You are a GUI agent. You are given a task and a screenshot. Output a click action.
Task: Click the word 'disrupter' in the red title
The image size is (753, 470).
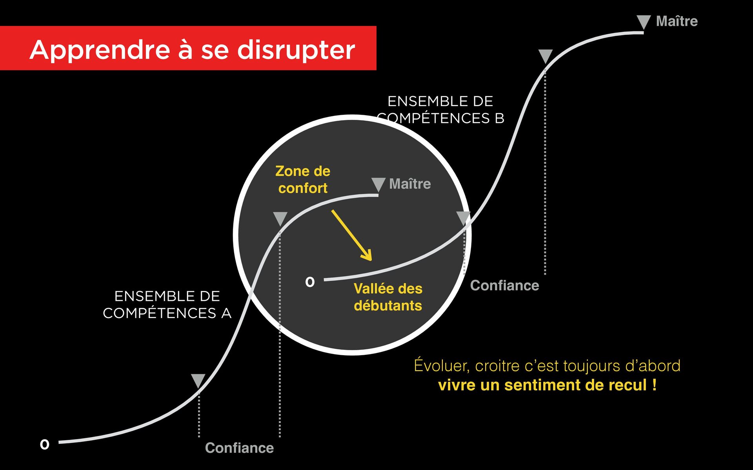(x=296, y=50)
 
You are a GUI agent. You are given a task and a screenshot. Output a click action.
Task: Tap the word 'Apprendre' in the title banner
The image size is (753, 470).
(x=100, y=50)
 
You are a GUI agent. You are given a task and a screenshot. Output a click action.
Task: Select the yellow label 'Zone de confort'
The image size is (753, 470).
(x=303, y=179)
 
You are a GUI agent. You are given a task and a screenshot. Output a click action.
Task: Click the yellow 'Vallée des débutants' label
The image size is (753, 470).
(x=388, y=297)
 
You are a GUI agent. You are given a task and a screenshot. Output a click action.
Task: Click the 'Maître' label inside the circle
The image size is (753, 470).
(x=410, y=184)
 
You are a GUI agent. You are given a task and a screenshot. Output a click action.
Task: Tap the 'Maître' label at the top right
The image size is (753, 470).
(x=677, y=21)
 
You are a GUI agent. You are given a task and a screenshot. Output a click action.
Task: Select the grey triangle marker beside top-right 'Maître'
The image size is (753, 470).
(x=644, y=22)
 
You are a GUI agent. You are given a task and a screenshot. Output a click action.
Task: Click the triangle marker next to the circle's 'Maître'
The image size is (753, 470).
(x=378, y=184)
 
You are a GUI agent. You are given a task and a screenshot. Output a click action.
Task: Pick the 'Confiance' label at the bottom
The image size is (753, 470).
(x=239, y=448)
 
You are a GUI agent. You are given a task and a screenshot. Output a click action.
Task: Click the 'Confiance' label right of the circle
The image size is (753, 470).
(x=504, y=286)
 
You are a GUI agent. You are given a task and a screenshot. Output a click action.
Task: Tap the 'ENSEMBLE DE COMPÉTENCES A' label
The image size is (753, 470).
(x=167, y=305)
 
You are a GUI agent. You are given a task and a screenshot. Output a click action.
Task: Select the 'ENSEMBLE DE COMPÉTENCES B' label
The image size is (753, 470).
(x=440, y=110)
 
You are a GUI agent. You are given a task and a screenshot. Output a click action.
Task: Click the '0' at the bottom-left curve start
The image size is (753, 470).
(x=45, y=445)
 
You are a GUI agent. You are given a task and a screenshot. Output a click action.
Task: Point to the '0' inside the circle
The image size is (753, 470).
(x=310, y=282)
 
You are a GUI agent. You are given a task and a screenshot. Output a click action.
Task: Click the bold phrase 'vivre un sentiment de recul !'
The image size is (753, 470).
(x=547, y=385)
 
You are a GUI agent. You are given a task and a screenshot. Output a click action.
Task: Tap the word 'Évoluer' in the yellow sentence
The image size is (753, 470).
(x=442, y=365)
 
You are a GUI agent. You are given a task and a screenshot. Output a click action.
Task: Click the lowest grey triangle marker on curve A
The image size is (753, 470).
(x=198, y=380)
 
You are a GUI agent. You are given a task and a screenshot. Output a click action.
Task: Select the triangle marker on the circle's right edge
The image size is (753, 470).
(x=464, y=218)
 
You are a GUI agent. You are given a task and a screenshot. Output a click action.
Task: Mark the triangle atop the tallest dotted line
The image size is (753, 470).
(x=545, y=56)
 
